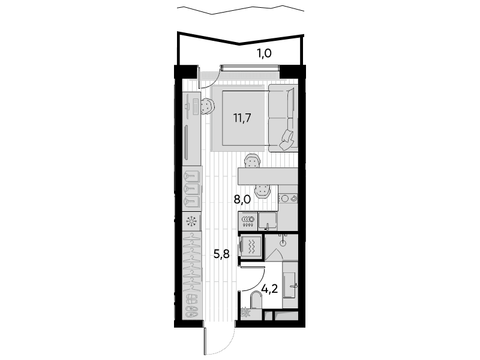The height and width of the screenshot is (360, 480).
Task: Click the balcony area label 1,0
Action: [x=264, y=54]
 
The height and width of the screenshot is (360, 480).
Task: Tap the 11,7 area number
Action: [x=242, y=118]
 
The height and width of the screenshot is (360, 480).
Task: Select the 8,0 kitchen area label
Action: [x=242, y=200]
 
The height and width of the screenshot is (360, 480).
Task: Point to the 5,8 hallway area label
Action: [x=221, y=254]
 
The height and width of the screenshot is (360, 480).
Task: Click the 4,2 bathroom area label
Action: [x=269, y=289]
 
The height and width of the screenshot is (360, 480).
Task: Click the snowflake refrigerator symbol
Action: [x=192, y=221]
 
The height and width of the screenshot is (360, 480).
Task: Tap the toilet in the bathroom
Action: [x=256, y=301]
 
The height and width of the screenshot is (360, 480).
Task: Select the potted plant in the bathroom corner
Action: [x=245, y=313]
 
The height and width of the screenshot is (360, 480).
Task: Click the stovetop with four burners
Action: [x=248, y=221]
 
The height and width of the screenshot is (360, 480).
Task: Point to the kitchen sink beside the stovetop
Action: [x=268, y=221]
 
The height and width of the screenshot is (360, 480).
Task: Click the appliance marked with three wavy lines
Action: [x=251, y=247]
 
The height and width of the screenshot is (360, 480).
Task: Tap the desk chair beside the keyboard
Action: [x=207, y=106]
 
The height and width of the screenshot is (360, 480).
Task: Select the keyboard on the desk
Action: [x=195, y=106]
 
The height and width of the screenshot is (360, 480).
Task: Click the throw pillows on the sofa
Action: [x=289, y=140]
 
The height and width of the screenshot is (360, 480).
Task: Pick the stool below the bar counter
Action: [x=263, y=191]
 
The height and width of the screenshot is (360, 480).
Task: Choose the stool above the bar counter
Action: [x=252, y=161]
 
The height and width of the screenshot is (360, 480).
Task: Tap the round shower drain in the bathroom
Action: [x=283, y=244]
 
